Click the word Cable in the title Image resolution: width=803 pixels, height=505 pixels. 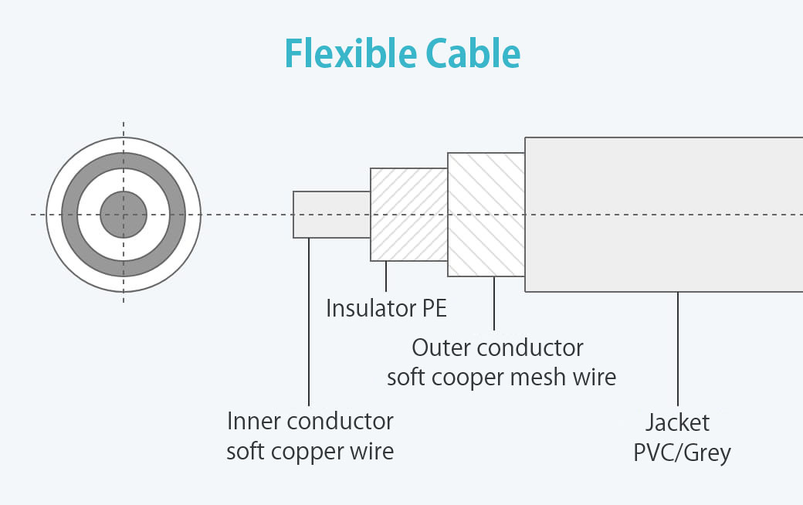point(473,53)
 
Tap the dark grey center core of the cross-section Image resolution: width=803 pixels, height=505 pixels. point(124,215)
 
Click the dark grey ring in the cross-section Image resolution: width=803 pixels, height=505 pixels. point(69,215)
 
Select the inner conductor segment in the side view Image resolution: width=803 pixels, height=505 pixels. point(332,215)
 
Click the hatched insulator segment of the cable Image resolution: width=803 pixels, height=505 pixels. point(409,215)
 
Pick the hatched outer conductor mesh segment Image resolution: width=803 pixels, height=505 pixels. point(486,215)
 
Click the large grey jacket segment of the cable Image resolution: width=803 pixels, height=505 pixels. point(664,215)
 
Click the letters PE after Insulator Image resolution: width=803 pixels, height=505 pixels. point(435,308)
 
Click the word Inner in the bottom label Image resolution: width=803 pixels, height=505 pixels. point(254,422)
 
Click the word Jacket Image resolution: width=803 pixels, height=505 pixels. point(678,422)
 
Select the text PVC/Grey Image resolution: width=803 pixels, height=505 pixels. point(682,452)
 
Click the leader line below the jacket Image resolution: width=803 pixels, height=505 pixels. point(678,349)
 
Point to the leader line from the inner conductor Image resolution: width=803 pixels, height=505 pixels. point(309,322)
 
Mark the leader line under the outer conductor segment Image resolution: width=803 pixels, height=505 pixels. point(494,303)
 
